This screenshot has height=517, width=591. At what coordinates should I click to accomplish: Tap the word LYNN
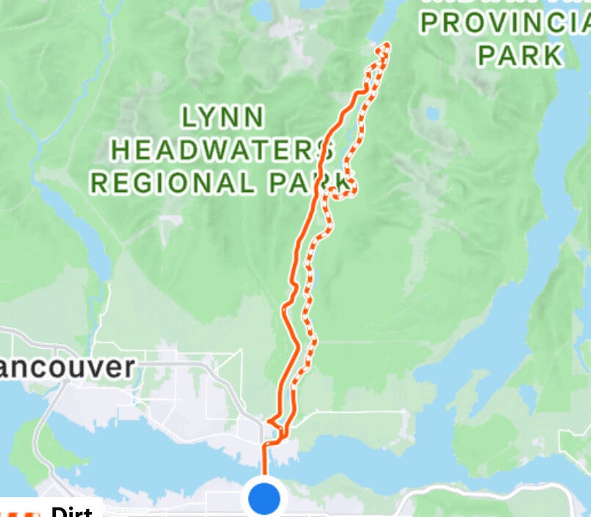(222, 117)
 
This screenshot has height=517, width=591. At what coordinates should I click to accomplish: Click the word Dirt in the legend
(71, 512)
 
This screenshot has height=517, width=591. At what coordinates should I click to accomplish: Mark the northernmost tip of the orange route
(385, 45)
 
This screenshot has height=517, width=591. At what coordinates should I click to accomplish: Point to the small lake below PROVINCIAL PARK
(432, 114)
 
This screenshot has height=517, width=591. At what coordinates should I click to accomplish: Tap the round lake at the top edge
(262, 9)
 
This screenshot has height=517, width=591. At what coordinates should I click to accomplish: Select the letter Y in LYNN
(208, 117)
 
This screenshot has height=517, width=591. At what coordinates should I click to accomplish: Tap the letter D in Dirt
(58, 512)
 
